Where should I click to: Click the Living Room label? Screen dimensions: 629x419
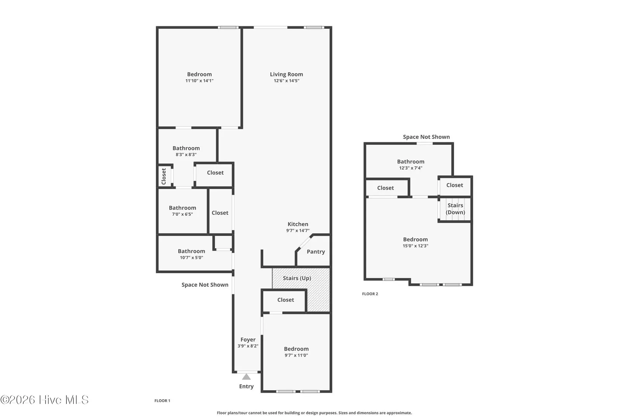point(287,74)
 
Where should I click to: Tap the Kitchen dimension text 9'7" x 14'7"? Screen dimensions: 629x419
point(298,231)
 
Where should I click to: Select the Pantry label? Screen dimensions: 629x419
point(316,252)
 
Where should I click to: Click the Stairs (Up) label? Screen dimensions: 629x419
point(297,278)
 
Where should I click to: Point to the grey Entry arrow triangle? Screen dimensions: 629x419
point(246,377)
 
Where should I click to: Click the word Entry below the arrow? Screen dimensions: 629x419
point(246,386)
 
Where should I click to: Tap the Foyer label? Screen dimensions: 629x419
point(248,339)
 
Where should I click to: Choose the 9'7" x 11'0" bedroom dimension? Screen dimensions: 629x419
point(296,355)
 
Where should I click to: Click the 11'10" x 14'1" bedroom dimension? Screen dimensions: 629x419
point(199,81)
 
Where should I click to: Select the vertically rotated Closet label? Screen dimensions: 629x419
point(164,176)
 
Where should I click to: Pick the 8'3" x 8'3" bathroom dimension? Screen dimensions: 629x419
point(186,155)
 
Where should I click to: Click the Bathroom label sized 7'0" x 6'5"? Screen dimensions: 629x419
point(182,208)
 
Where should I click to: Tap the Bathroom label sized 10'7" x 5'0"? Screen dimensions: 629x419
point(191,251)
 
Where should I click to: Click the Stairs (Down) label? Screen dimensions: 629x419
point(455,209)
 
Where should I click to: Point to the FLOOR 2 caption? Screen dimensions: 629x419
point(370,294)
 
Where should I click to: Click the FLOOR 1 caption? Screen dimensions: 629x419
point(162,401)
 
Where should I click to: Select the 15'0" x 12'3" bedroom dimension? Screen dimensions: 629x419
point(415,246)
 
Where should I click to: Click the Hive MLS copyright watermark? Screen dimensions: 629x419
point(44,400)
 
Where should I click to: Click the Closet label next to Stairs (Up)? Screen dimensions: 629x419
point(286,300)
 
